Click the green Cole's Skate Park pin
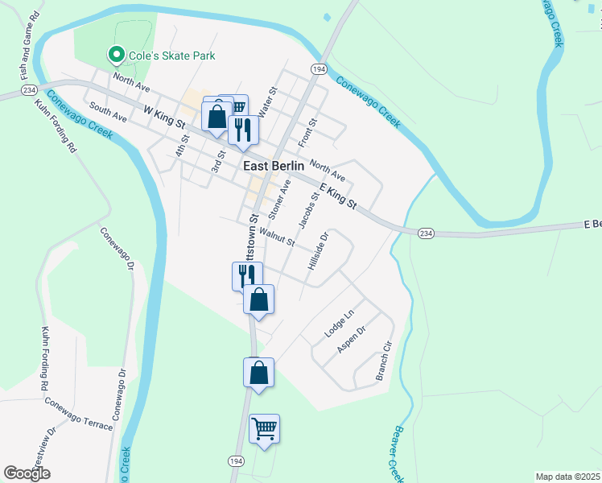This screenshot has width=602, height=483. click(115, 56)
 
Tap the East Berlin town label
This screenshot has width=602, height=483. click(274, 165)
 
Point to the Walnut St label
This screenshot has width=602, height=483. click(277, 237)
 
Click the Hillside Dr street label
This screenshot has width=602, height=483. click(319, 251)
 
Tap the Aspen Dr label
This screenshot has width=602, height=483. click(352, 341)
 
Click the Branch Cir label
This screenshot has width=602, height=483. click(383, 367)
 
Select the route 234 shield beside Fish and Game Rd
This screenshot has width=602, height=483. click(29, 89)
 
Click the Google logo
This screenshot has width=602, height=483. click(27, 473)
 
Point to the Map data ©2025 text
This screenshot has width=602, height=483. click(567, 477)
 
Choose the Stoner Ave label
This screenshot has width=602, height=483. click(279, 200)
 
